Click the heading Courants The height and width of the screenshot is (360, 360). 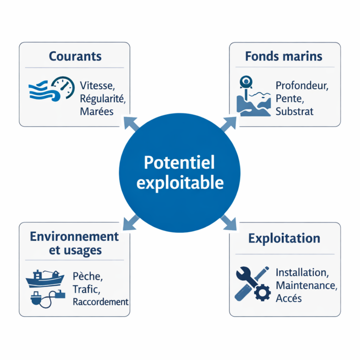point(75,56)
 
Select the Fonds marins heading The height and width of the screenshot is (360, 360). point(284,56)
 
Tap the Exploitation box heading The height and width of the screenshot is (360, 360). point(284,238)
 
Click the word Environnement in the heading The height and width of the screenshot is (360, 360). point(75,236)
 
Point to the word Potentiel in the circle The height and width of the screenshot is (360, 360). point(179,163)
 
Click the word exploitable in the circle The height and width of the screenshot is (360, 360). point(180,183)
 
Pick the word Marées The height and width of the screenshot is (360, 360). point(97,111)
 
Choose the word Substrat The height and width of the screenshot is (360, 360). point(294,112)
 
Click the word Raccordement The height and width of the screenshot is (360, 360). point(101,302)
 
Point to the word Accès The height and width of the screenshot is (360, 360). point(289,298)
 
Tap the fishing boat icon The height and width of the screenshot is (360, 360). point(45,278)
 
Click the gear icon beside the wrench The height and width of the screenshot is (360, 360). point(262,292)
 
